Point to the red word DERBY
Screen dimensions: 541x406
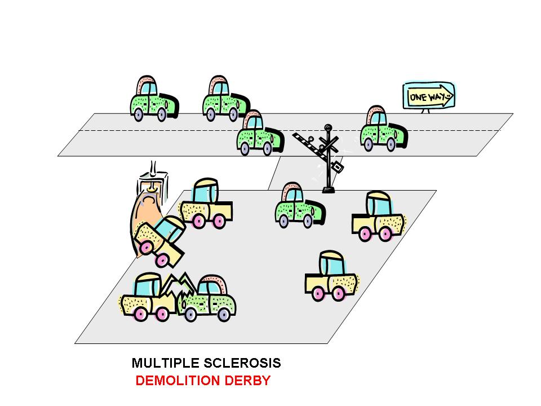tap(247, 381)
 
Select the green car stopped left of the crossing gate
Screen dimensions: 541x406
tap(259, 134)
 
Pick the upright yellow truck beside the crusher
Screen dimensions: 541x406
tap(206, 204)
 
